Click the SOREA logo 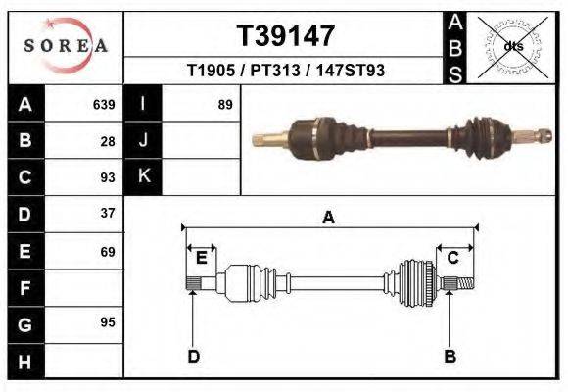[x=65, y=46]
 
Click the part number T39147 [x=285, y=36]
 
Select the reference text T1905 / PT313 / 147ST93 [x=285, y=72]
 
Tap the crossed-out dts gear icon [x=513, y=46]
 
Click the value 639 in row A [x=103, y=104]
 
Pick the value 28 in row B [x=108, y=140]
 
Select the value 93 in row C [x=108, y=177]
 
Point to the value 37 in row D [x=108, y=214]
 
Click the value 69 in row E [x=108, y=251]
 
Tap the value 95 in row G [x=108, y=322]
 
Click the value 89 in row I [x=224, y=104]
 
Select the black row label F [x=24, y=288]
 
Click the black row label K [x=143, y=177]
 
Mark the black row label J [x=143, y=140]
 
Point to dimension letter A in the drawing [x=328, y=218]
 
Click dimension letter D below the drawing [x=194, y=357]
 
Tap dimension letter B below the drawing [x=450, y=357]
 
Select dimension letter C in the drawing [x=453, y=258]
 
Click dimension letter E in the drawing [x=201, y=258]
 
